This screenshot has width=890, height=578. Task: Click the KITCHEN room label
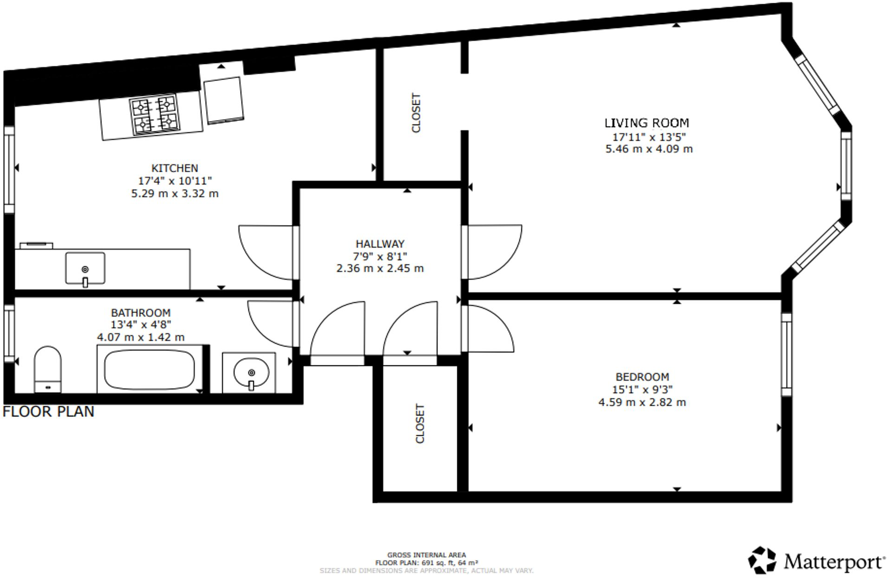pos(175,168)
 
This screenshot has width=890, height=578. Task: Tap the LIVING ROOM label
pos(646,123)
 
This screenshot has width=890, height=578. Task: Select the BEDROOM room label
pos(642,377)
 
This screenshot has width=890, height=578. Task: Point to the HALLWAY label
pos(380,244)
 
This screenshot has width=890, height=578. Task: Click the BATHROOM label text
pos(141,313)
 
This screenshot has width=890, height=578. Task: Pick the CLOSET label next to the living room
pos(416,113)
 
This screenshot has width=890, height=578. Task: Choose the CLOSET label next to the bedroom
pos(420,424)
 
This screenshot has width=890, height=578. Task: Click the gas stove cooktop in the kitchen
pos(155,115)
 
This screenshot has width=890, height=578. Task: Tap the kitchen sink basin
pos(85,268)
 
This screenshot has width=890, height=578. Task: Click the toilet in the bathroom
pos(48,369)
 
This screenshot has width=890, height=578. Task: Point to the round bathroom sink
pos(251,372)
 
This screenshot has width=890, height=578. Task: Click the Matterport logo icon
pos(762,560)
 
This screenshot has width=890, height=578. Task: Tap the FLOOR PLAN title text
pos(48,412)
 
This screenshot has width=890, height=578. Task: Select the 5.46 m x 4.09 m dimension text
pos(649,149)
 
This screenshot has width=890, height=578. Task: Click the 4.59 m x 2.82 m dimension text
pos(642,402)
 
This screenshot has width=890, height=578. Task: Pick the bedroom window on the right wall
pos(786,354)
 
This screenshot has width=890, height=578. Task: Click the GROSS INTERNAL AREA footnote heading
pos(426,555)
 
